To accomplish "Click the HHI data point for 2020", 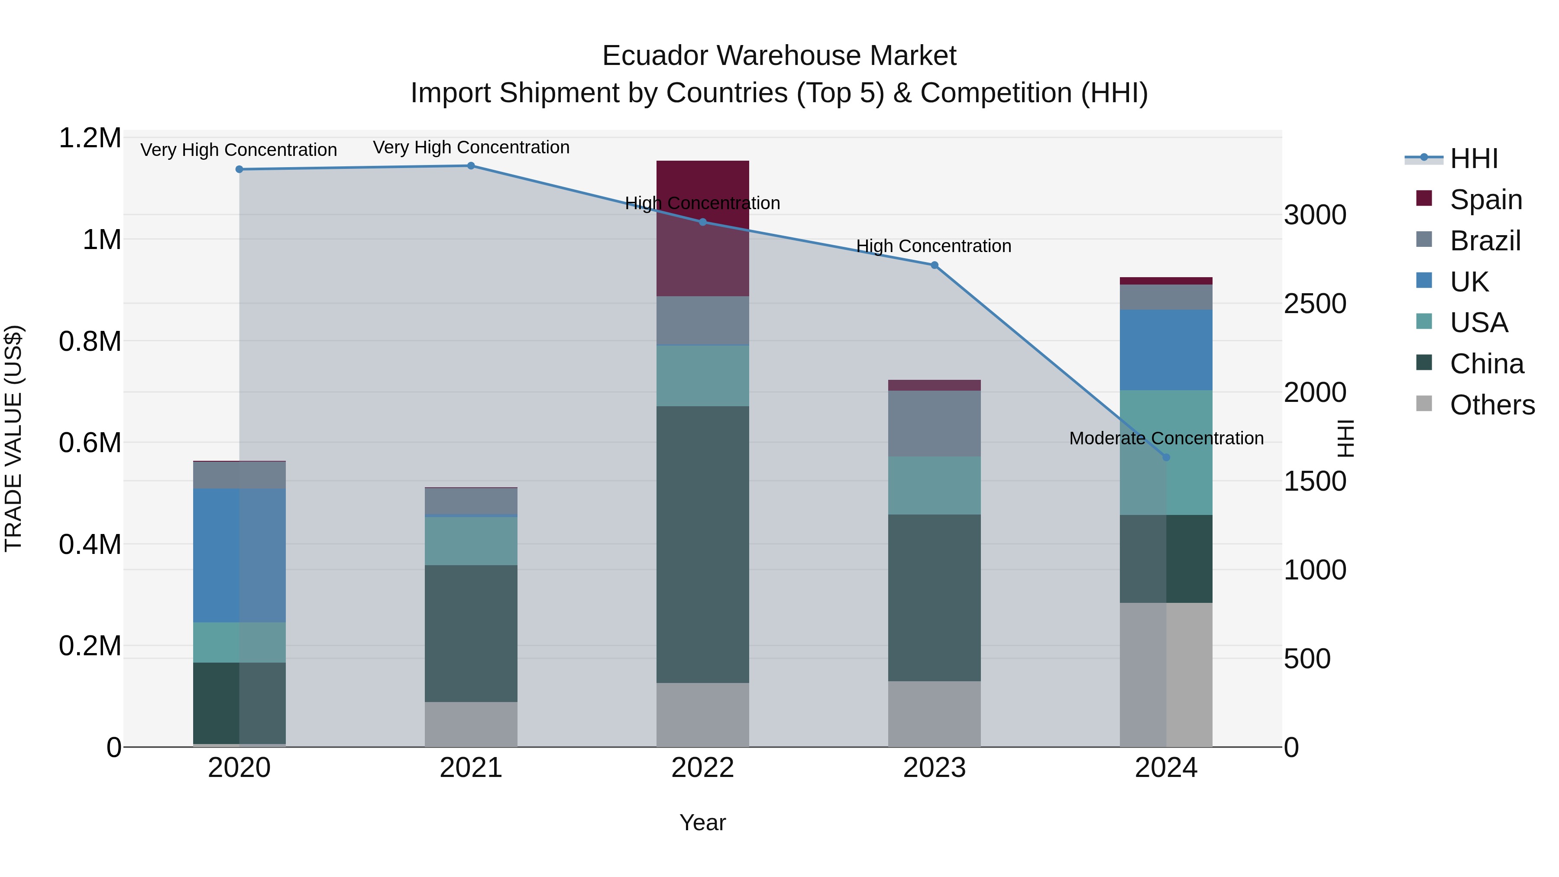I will click(239, 169).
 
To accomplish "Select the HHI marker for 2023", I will click(934, 265).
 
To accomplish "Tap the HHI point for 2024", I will click(1166, 457).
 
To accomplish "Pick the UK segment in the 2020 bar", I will click(239, 555).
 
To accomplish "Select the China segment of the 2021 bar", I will click(471, 633).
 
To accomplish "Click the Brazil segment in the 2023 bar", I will click(934, 423).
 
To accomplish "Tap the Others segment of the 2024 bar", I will click(1166, 674).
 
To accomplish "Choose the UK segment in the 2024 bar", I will click(1166, 350).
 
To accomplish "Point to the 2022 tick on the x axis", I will click(703, 768).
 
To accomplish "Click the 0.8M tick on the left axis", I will click(90, 341).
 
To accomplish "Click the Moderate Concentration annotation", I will click(1166, 438).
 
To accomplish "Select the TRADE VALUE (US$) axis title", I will click(13, 438).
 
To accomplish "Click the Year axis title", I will click(703, 822).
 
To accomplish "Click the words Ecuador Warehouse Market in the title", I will click(779, 56).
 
